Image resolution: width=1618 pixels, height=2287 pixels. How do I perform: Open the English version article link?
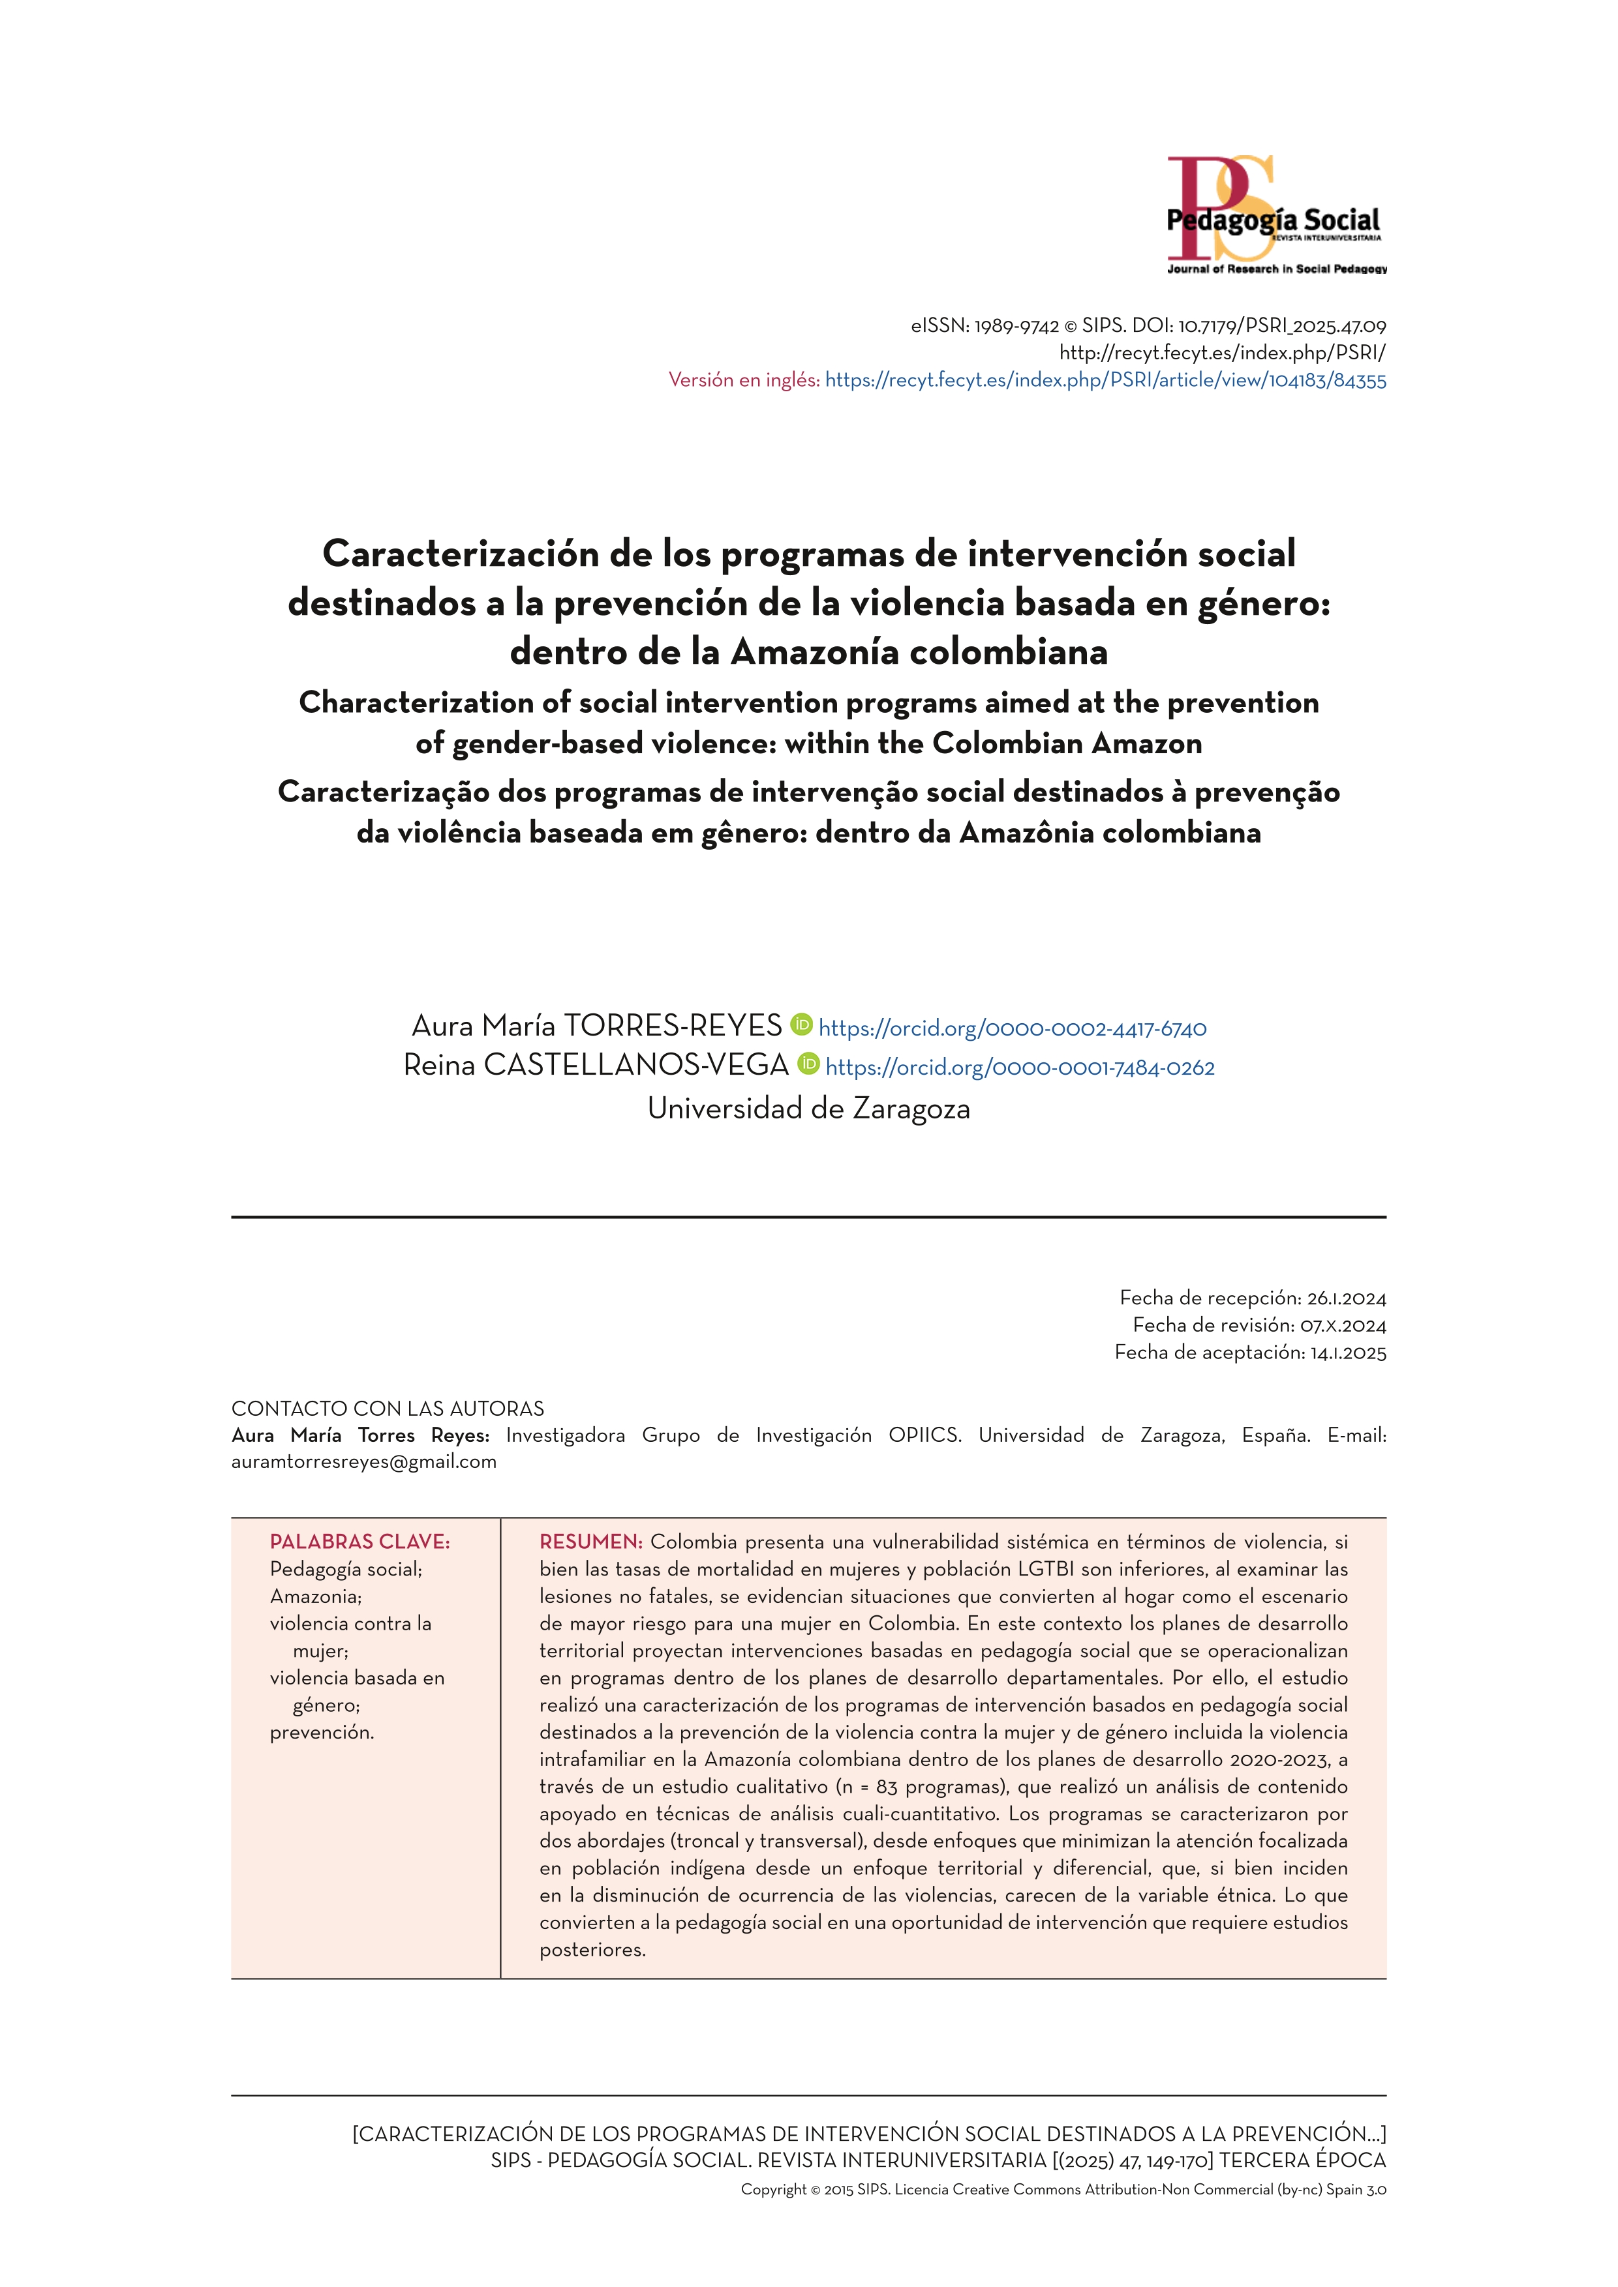pos(1105,380)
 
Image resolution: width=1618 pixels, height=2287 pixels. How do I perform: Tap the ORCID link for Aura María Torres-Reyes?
pos(1013,1028)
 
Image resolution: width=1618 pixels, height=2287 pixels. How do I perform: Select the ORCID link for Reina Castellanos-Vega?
pos(1019,1068)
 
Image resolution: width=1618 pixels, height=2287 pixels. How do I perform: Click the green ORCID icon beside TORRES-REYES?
pos(801,1024)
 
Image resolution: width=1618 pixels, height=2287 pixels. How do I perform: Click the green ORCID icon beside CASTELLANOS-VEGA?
pos(808,1064)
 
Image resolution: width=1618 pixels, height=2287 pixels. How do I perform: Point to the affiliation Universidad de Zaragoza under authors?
pos(808,1108)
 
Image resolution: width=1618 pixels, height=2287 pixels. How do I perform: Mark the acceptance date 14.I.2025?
pos(1348,1352)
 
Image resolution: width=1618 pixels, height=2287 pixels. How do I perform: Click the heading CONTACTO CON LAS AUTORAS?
pos(388,1409)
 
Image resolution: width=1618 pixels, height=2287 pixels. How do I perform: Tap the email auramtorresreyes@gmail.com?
pos(363,1461)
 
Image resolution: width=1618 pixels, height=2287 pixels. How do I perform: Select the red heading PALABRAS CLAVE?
pos(359,1542)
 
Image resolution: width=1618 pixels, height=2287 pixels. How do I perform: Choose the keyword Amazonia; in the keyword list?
pos(316,1596)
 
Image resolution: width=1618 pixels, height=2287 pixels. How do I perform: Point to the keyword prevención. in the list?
pos(322,1732)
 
